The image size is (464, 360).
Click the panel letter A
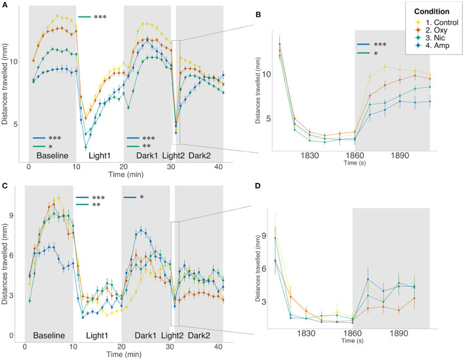pyautogui.click(x=5, y=5)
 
